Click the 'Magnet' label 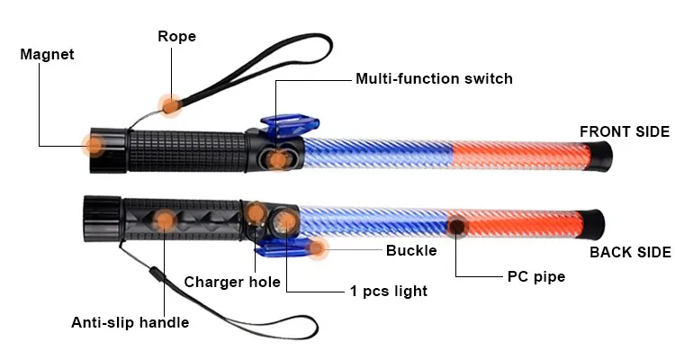[47, 54]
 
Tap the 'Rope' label [176, 37]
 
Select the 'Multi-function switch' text [434, 78]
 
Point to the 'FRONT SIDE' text [624, 131]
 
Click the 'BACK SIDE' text [630, 252]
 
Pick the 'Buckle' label [411, 250]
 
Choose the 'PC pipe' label [535, 276]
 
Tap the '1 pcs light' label [388, 291]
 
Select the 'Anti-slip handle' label [130, 322]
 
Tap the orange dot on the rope [169, 104]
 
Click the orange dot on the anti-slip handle [165, 219]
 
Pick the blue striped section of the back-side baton [369, 222]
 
